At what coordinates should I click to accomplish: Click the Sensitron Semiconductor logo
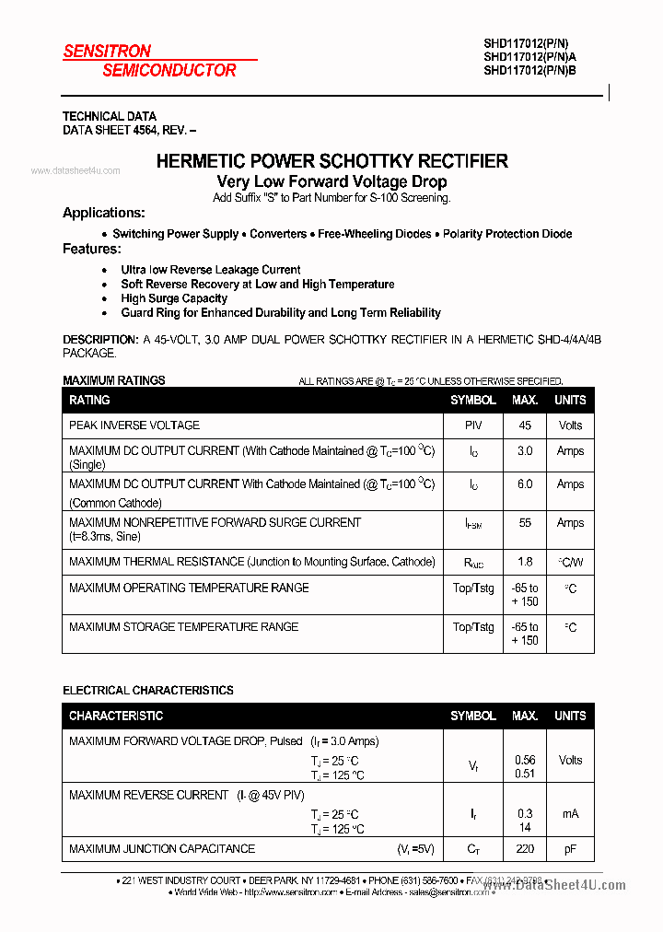(149, 61)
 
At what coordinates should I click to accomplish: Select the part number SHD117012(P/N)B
(529, 70)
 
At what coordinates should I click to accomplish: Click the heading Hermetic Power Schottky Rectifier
(331, 161)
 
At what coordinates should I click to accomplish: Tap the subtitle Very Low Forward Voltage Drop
(331, 181)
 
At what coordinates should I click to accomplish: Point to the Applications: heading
(103, 213)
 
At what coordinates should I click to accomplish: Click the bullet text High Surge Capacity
(174, 298)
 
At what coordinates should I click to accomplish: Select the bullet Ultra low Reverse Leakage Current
(210, 270)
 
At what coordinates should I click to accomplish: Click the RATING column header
(89, 400)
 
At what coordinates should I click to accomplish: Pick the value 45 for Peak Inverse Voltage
(525, 425)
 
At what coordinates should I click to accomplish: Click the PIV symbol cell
(473, 425)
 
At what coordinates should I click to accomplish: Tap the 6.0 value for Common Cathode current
(525, 484)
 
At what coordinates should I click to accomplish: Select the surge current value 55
(525, 523)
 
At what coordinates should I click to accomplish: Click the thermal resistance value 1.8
(525, 562)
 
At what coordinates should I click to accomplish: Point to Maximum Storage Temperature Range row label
(183, 627)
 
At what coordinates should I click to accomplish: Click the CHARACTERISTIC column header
(116, 716)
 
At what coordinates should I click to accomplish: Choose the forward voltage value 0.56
(525, 760)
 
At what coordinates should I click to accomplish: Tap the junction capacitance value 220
(525, 849)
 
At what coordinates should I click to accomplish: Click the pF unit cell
(570, 849)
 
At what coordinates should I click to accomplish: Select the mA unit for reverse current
(570, 814)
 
